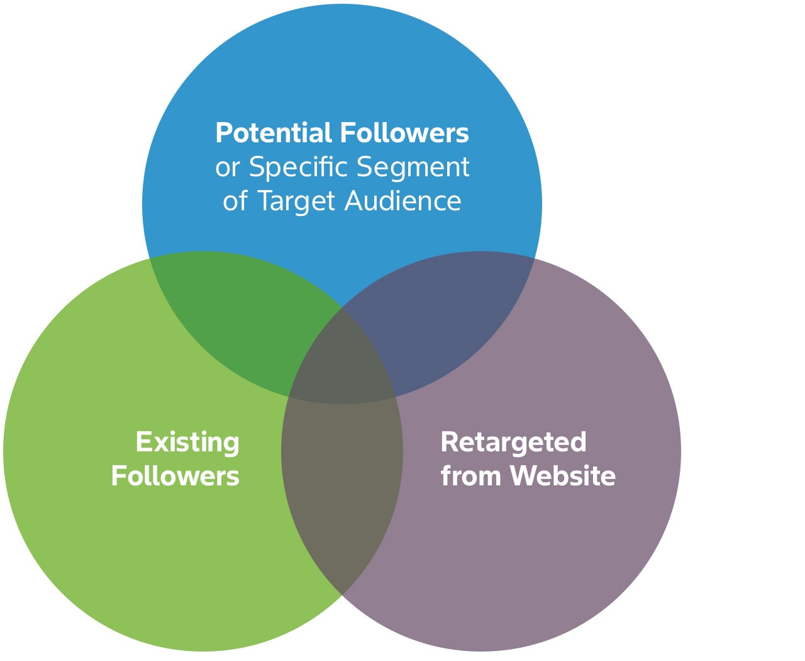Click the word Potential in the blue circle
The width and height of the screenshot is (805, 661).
273,133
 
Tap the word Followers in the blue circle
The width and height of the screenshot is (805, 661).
404,133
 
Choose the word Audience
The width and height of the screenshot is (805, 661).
402,200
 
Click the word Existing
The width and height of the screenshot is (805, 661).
187,443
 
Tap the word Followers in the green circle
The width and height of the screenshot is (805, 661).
175,476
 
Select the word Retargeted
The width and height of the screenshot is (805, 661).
513,443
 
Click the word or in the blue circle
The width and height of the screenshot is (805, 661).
228,168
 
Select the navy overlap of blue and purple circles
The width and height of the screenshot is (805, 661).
439,317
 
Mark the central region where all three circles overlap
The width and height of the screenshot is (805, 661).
342,367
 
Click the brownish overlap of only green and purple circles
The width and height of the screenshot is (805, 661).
342,478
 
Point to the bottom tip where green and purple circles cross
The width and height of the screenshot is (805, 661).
342,595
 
